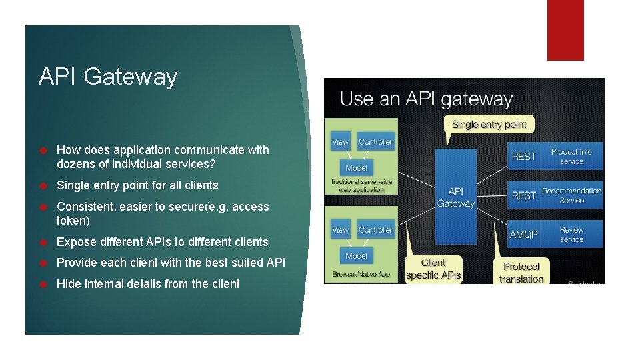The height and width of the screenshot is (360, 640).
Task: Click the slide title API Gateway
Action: click(x=108, y=77)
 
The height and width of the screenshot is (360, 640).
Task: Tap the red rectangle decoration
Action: click(x=565, y=30)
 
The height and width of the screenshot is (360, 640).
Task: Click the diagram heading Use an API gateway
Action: click(x=426, y=100)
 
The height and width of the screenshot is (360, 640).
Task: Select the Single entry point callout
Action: click(x=489, y=124)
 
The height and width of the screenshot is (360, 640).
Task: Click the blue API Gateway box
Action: click(x=455, y=197)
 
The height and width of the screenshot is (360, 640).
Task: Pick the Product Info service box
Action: click(x=571, y=156)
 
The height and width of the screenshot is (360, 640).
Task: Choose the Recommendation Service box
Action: click(x=571, y=195)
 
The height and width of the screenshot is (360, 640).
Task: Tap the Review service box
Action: click(x=571, y=234)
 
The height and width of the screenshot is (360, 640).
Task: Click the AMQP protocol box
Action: click(x=524, y=235)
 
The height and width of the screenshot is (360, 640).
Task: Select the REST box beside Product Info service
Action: click(x=524, y=156)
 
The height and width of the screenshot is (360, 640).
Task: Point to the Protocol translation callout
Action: click(x=521, y=272)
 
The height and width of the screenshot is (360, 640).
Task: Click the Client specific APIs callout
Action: click(x=433, y=269)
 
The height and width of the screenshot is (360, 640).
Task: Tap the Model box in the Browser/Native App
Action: click(x=357, y=256)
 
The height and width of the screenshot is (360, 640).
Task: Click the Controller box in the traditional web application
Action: click(x=375, y=142)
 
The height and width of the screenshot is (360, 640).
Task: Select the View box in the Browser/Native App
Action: click(x=340, y=230)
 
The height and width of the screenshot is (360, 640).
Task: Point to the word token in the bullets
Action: click(x=73, y=221)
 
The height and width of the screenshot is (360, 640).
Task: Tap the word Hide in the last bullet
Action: click(x=69, y=284)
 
